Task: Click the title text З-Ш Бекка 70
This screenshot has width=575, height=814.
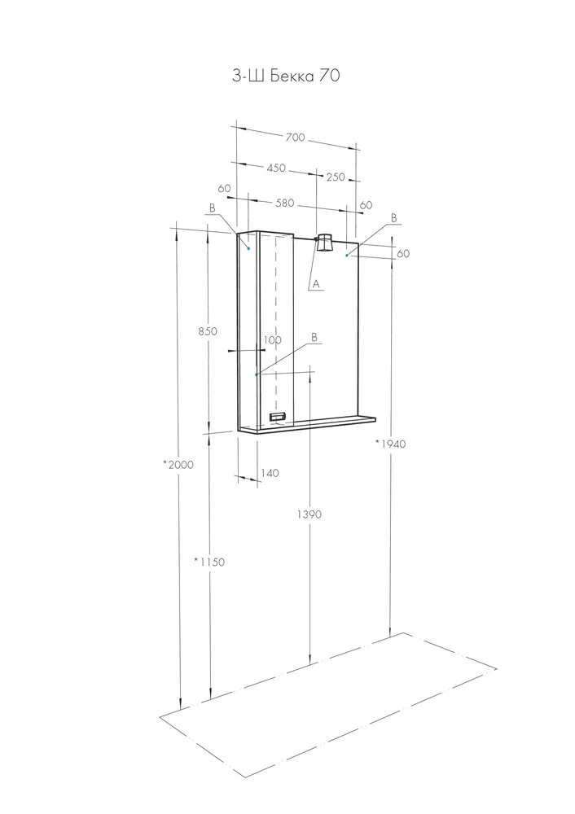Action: [286, 77]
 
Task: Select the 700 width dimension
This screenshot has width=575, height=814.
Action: [295, 137]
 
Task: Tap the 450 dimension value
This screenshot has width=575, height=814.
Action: [276, 168]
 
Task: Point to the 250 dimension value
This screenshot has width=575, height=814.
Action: [336, 177]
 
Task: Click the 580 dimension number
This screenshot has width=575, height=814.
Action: [284, 203]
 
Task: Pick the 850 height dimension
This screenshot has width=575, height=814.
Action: [208, 330]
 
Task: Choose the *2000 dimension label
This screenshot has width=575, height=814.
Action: [178, 465]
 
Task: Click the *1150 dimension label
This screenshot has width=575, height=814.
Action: [209, 561]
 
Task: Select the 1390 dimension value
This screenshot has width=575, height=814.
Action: [309, 514]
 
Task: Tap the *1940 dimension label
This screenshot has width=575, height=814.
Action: [390, 444]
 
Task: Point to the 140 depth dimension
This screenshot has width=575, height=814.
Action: [270, 472]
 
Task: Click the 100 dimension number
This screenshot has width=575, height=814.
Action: [272, 340]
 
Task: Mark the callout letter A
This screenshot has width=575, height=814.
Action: [316, 284]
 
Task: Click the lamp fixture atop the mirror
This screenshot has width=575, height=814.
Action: [325, 243]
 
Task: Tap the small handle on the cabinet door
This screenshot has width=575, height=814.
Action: [278, 416]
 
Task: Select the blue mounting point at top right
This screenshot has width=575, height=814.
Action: [346, 256]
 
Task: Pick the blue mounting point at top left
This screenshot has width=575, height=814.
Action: [248, 248]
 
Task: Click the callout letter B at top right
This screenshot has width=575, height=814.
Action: [393, 218]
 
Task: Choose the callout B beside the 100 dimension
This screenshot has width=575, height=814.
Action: [314, 338]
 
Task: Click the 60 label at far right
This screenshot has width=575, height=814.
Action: [403, 253]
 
